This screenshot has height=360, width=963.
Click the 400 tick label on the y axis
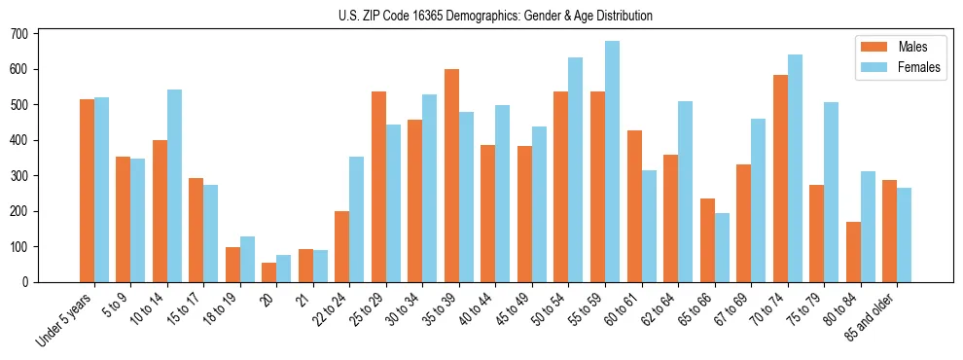tap(20, 140)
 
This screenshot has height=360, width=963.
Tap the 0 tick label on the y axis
tap(27, 282)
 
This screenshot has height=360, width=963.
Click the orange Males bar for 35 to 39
tap(451, 175)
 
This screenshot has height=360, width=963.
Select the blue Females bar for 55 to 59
tap(612, 162)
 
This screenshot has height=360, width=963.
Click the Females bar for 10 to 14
tap(174, 186)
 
